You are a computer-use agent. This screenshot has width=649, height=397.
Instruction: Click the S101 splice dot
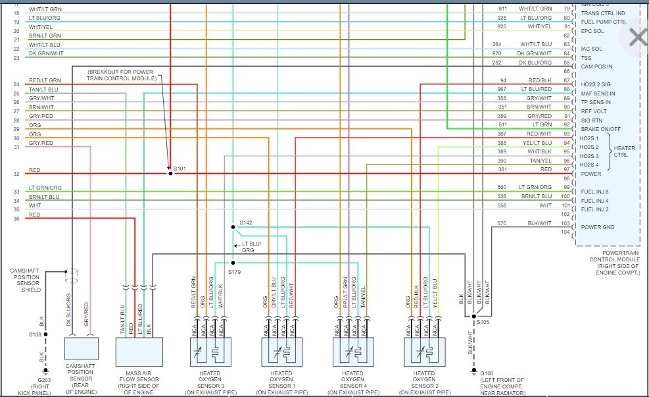tap(170, 173)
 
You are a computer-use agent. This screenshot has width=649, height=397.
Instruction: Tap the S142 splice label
tap(245, 223)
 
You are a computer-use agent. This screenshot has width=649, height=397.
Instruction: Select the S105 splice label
tap(483, 323)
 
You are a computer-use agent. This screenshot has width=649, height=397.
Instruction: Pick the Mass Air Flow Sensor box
tap(138, 352)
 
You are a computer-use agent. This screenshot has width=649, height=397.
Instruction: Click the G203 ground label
tap(43, 380)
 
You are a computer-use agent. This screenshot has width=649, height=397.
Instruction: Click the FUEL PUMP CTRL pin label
tap(603, 22)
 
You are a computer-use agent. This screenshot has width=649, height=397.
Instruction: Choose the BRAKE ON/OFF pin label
tap(601, 129)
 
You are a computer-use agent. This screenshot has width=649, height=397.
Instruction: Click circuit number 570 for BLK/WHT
tap(501, 223)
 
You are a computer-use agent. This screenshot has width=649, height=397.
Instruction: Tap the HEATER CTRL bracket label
tap(624, 151)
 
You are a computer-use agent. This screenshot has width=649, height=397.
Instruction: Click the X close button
tap(637, 38)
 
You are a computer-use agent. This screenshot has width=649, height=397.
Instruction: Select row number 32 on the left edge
tap(16, 174)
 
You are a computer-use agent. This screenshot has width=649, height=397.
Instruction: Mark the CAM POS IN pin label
tap(596, 66)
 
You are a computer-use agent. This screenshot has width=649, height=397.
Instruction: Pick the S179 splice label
tap(234, 271)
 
